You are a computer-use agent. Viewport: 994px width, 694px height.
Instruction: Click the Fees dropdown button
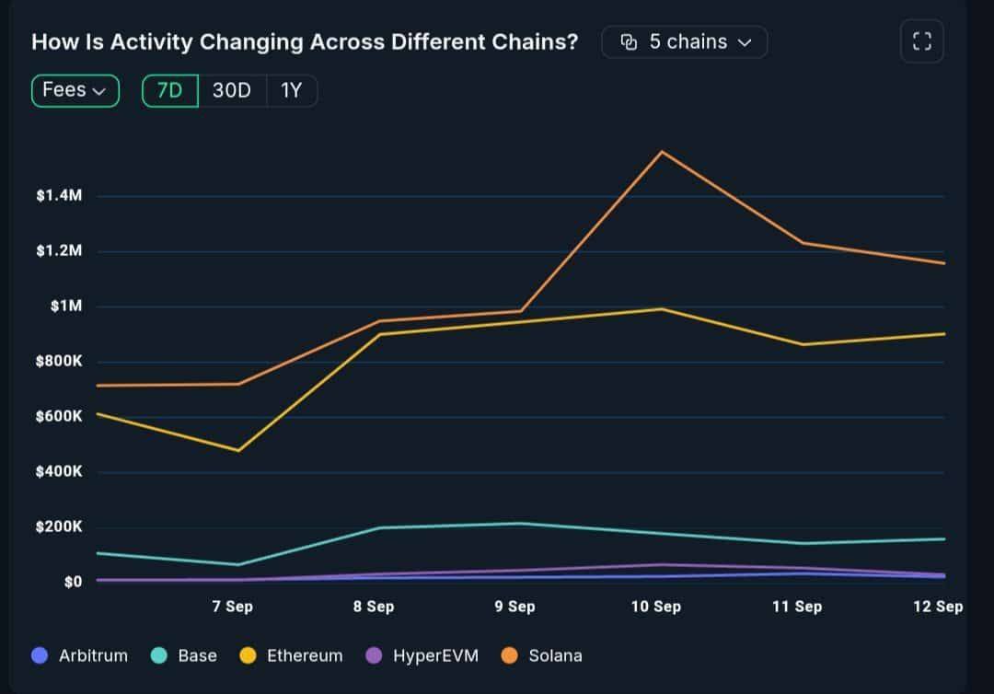coord(75,90)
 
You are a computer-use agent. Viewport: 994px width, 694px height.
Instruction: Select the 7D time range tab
coord(170,90)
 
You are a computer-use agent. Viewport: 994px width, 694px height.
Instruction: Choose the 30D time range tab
coord(232,90)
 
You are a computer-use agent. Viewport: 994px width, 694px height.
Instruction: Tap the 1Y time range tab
coord(291,90)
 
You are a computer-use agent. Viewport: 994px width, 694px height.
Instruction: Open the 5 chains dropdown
coord(685,42)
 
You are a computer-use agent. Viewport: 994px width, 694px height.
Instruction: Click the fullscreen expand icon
coord(921,41)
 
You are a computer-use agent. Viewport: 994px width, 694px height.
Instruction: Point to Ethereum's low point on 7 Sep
coord(239,450)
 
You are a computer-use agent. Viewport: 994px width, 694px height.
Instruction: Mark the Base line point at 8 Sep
coord(379,527)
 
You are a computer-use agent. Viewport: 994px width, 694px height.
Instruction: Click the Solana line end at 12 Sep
coord(943,263)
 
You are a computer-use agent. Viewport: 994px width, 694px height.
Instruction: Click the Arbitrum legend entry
coord(79,655)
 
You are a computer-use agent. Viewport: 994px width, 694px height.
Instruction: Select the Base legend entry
coord(184,655)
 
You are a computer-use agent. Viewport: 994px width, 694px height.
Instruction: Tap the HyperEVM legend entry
coord(422,655)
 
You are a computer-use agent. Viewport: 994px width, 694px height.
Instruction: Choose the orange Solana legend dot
coord(510,655)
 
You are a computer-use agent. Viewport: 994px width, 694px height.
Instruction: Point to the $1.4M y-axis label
coord(59,196)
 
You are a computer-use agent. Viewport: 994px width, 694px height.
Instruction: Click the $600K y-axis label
coord(59,417)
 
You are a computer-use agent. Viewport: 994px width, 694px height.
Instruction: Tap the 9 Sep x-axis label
coord(514,606)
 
